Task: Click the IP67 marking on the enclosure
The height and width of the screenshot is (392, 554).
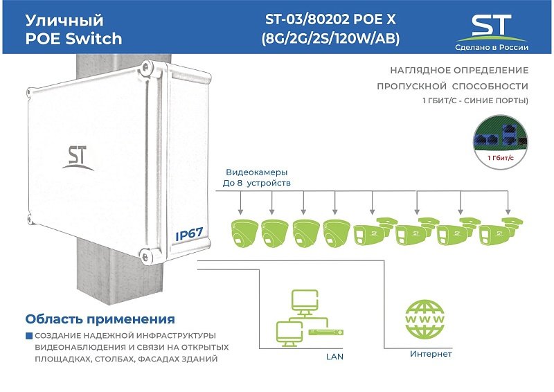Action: (189, 233)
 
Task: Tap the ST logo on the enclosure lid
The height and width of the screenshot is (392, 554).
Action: (78, 158)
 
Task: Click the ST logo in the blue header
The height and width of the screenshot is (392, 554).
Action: (492, 28)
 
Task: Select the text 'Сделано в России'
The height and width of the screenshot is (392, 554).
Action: (492, 47)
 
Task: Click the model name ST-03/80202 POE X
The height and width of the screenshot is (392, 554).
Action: (330, 19)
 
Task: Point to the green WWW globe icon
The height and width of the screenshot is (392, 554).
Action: (425, 319)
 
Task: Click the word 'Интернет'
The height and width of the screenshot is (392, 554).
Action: (431, 354)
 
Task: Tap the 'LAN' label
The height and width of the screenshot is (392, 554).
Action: (334, 357)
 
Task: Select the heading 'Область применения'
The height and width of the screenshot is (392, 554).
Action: (100, 319)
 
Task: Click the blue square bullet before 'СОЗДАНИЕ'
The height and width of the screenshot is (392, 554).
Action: (29, 336)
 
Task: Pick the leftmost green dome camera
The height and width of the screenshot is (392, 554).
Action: (244, 233)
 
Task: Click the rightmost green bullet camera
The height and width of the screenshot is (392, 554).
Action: (500, 231)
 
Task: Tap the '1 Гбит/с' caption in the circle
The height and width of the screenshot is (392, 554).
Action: (500, 158)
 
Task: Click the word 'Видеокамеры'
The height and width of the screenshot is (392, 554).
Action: (256, 172)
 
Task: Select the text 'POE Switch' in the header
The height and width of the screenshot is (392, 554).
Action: (73, 39)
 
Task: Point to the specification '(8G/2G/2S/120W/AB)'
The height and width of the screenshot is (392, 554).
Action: (330, 39)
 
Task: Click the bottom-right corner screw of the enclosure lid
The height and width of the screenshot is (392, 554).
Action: (145, 256)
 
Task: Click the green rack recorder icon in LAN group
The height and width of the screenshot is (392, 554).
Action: (325, 332)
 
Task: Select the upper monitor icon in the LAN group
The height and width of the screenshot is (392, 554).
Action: (305, 303)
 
